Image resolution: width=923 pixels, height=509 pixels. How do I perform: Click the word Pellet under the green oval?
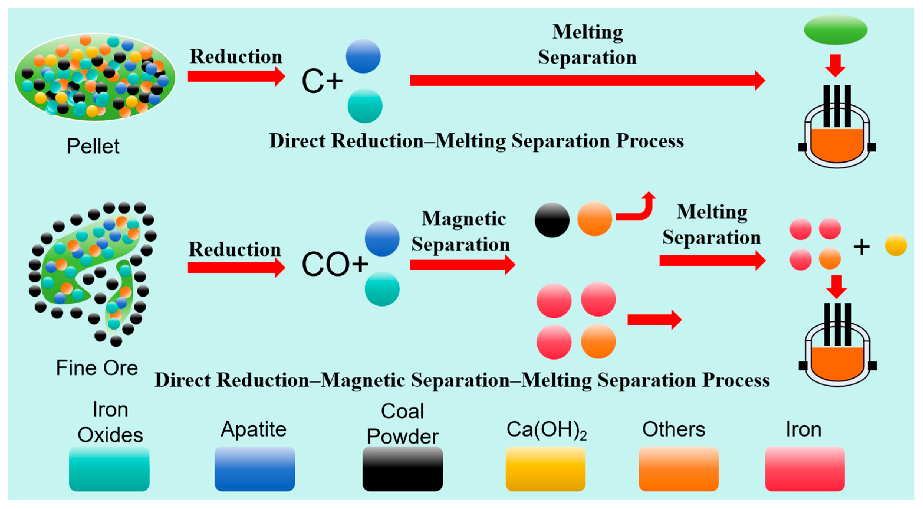(x=93, y=146)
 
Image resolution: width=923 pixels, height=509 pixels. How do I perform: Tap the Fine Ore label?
(x=97, y=368)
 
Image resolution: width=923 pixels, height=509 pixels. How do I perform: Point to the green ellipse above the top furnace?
(x=835, y=29)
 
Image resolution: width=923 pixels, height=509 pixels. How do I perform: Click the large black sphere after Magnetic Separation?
(x=552, y=220)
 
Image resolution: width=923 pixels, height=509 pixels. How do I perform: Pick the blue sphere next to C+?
(x=363, y=56)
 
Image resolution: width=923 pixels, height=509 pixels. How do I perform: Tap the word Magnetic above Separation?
(x=463, y=218)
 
